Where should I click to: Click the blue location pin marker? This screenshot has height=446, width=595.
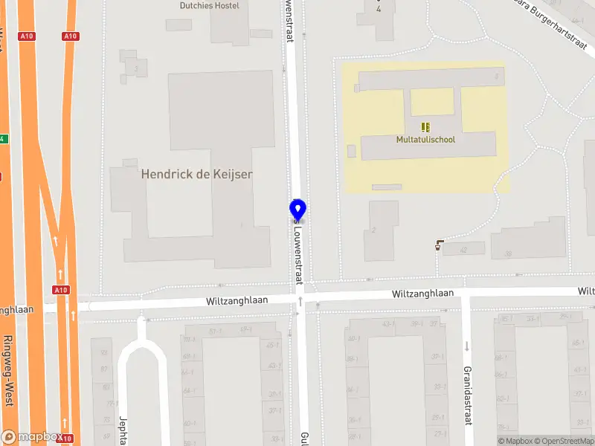click(x=297, y=210)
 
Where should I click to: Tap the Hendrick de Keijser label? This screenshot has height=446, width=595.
click(x=197, y=175)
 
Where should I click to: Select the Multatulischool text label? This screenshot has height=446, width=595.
click(x=425, y=139)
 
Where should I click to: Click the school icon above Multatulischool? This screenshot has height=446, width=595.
click(x=425, y=127)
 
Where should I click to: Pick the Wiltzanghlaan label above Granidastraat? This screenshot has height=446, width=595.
click(x=423, y=294)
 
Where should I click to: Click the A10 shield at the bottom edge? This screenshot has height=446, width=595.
click(x=65, y=439)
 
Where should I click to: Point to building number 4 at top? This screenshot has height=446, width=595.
click(x=379, y=10)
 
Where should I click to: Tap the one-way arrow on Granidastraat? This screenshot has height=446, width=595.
click(x=467, y=346)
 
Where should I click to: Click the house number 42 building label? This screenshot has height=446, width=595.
click(x=464, y=251)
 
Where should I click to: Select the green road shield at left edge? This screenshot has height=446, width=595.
click(x=2, y=139)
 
